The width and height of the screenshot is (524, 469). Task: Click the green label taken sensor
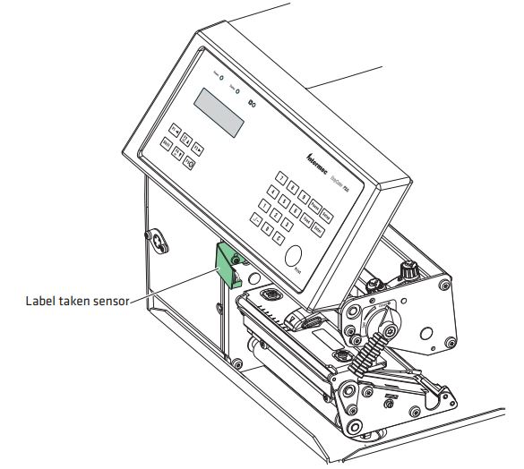click(x=224, y=263)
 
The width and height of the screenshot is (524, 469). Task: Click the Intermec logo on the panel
click(x=320, y=161)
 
